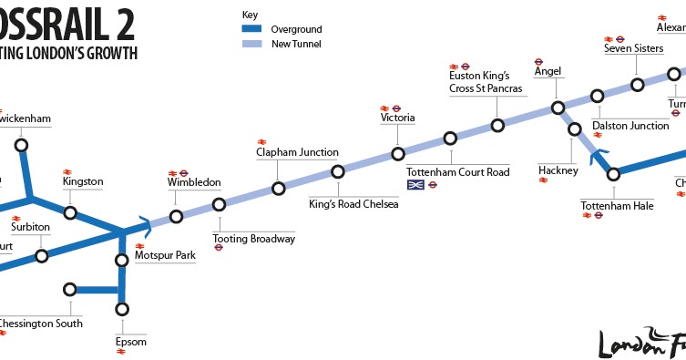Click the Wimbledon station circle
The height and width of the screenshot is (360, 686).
(177, 217)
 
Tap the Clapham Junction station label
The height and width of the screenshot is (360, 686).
(297, 152)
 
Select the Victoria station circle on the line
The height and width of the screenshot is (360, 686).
(398, 154)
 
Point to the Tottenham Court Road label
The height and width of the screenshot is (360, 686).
(457, 171)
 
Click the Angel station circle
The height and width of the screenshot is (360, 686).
(558, 108)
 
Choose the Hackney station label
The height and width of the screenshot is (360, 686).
(558, 170)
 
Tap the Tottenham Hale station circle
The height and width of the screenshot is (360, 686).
(614, 173)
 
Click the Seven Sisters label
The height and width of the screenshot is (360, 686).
(633, 48)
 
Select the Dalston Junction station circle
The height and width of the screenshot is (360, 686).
(597, 96)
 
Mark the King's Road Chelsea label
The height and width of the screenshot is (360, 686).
(353, 204)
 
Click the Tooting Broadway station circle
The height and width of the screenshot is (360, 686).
(219, 204)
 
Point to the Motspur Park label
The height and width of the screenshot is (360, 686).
(165, 257)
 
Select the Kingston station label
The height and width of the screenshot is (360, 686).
(83, 181)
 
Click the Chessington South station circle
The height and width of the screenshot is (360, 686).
(70, 290)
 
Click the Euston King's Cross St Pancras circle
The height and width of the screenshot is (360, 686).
(497, 125)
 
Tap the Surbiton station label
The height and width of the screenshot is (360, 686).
(30, 227)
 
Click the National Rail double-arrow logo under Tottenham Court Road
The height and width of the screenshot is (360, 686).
(416, 185)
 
